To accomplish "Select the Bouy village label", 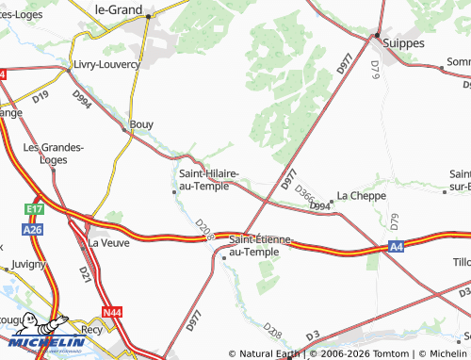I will pos(141,123).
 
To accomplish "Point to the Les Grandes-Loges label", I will pos(54,153).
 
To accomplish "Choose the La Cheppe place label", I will pos(362,195).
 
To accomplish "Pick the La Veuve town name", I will pos(107,242).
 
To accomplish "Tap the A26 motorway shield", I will pos(33,229).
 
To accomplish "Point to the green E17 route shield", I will pos(36,209).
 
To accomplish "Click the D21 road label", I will pos(85,274).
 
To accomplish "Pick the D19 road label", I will pos(41,96).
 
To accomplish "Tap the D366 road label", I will pos(305,193).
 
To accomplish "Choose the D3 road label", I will pos(314,335).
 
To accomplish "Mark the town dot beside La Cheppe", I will pos(332,202).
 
